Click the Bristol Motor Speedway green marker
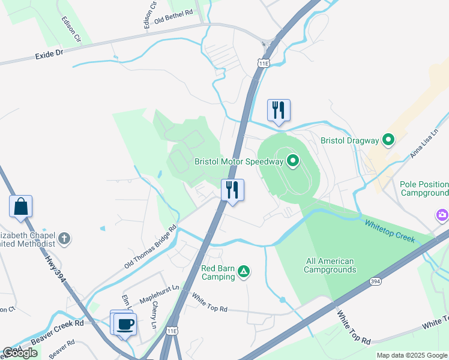[x=293, y=160]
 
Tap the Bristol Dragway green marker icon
[x=389, y=140]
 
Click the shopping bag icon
[x=21, y=206]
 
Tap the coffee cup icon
[x=125, y=324]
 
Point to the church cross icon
[x=64, y=239]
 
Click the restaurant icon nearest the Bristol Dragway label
[x=279, y=110]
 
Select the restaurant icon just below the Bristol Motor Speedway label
[x=232, y=190]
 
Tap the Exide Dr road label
[x=49, y=54]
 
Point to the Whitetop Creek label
[x=390, y=230]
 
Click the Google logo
[x=20, y=353]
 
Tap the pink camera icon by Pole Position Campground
[x=442, y=214]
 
